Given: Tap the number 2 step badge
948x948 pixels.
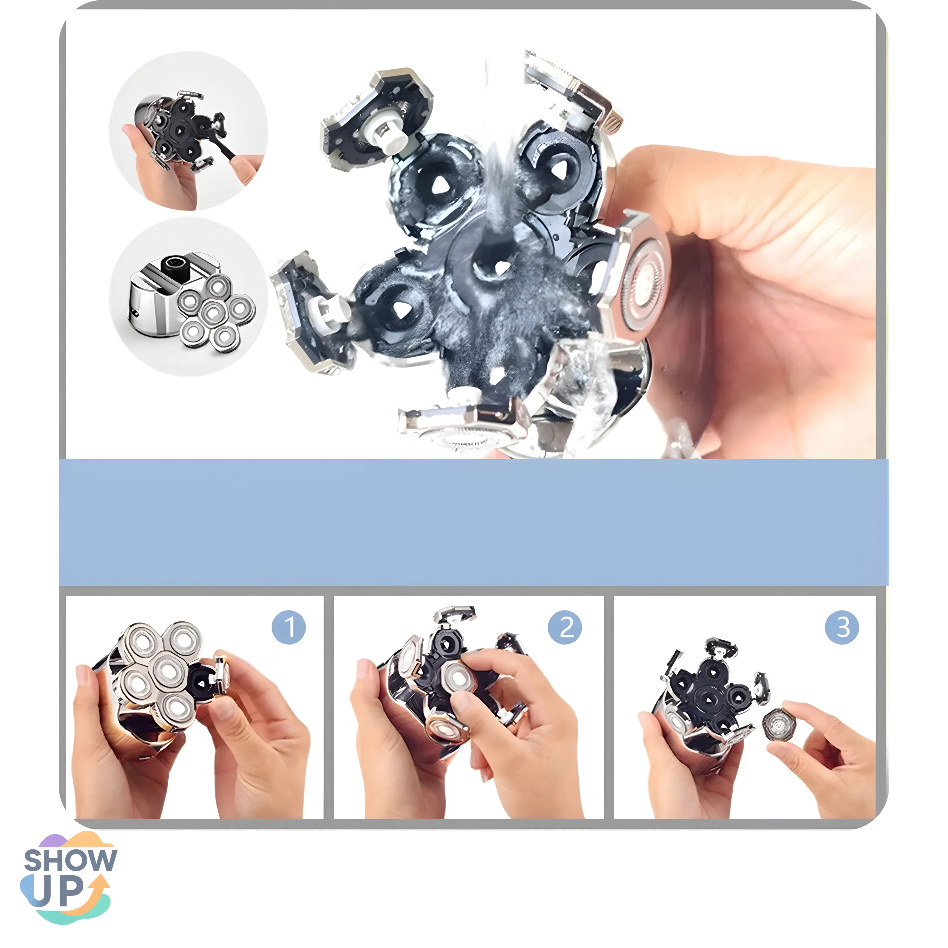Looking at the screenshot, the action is [x=565, y=628].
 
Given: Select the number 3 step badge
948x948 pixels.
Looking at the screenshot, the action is [x=842, y=628].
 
